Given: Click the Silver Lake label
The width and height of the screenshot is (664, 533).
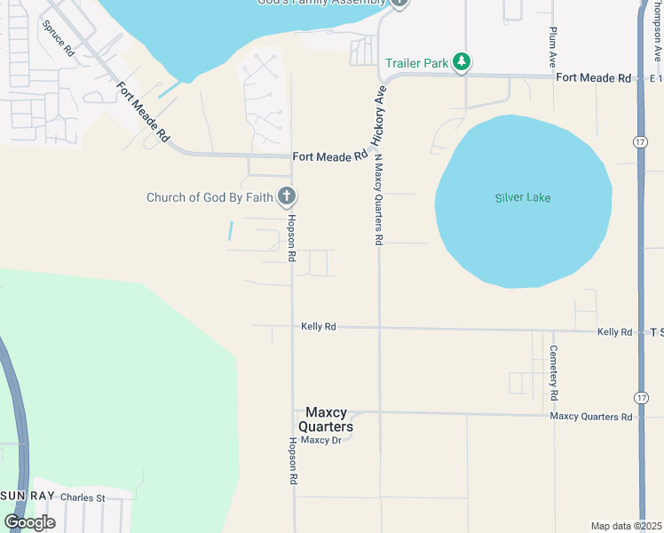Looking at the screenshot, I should (x=523, y=197).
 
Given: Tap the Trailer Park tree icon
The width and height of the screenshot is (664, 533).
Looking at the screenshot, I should (x=461, y=62).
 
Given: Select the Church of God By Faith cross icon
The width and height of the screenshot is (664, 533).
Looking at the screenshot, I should (x=286, y=196).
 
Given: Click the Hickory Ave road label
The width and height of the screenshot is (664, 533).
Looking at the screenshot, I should (x=379, y=115).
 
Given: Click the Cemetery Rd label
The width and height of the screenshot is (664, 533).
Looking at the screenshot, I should (x=553, y=371).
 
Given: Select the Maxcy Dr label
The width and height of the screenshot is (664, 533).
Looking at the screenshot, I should (x=320, y=440).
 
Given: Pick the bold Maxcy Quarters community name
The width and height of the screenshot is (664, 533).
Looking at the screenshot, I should (x=329, y=419).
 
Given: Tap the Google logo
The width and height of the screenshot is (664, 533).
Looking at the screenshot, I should (x=29, y=522).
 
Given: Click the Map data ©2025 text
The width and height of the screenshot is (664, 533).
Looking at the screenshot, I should (x=626, y=525).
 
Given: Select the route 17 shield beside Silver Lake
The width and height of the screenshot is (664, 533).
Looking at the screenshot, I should (x=640, y=142).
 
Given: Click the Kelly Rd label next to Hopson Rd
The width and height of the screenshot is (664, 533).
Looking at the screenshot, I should (x=318, y=327).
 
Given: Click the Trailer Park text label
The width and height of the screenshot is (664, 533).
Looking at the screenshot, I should (x=416, y=63).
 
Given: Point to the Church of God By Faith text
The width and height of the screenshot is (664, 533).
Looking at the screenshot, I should (x=209, y=197).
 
